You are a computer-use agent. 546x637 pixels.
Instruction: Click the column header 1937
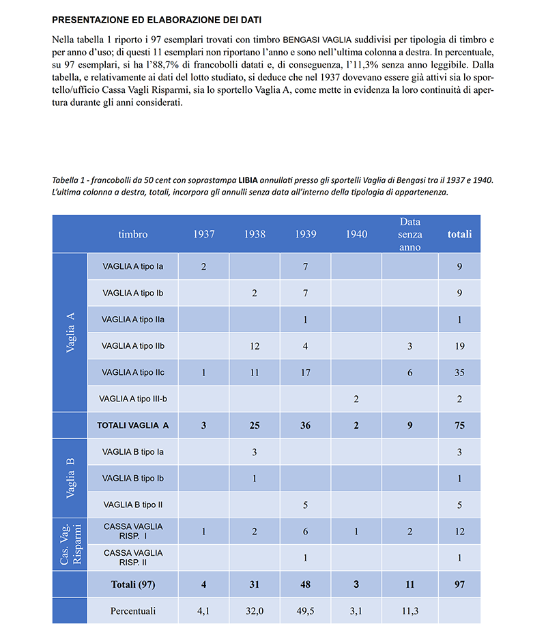[x=203, y=234]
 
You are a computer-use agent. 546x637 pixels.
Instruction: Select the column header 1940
[x=356, y=234]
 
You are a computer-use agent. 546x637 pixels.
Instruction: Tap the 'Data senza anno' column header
[x=410, y=234]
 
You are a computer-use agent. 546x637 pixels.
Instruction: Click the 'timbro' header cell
[x=132, y=234]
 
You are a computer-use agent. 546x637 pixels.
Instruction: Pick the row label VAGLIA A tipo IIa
[x=133, y=319]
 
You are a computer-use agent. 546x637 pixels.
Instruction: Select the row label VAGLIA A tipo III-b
[x=133, y=399]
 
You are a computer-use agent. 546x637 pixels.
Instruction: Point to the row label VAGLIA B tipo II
[x=133, y=505]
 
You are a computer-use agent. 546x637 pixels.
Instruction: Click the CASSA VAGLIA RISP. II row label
[x=133, y=558]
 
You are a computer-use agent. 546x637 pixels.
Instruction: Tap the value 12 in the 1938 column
[x=255, y=346]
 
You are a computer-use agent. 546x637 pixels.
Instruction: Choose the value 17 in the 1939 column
[x=305, y=373]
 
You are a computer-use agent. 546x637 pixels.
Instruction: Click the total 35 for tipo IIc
[x=459, y=373]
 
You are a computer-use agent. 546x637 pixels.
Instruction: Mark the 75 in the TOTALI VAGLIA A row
[x=459, y=425]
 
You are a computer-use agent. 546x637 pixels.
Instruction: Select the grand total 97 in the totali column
[x=459, y=584]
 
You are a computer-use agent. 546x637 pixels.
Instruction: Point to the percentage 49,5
[x=305, y=611]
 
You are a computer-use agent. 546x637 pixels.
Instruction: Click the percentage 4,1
[x=203, y=611]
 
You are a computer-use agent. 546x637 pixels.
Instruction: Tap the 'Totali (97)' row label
[x=133, y=584]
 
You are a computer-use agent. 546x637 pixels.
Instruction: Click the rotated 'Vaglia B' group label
[x=70, y=478]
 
